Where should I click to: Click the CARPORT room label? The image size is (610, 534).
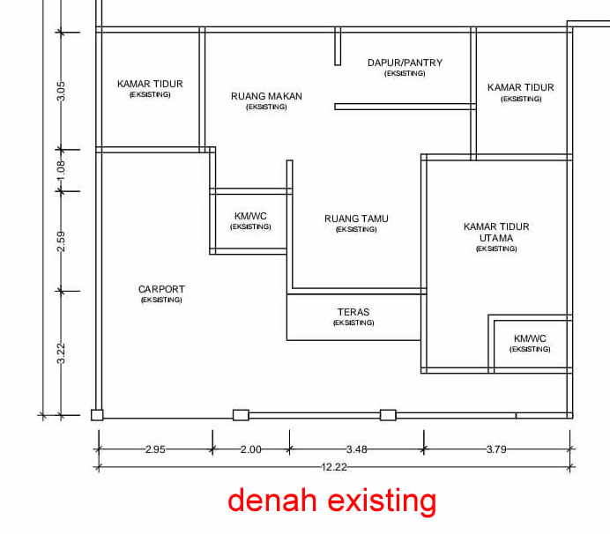coord(161,289)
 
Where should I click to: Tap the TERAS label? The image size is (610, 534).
coord(353,312)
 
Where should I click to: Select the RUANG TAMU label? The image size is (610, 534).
coord(356,219)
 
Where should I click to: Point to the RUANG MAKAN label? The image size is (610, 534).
coord(266,96)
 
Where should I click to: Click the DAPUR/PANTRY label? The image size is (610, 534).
coord(405,63)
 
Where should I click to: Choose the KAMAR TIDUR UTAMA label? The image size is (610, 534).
coord(496,232)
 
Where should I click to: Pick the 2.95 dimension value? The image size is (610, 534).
coord(154,449)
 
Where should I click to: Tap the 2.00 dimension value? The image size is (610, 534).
coord(250,449)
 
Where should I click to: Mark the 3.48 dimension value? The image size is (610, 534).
coord(355,449)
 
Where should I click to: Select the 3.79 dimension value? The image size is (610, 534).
coord(496,449)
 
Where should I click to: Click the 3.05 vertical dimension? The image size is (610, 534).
coord(61,91)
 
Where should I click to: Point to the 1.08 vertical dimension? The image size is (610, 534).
coord(61,170)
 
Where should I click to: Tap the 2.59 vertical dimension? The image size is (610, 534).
coord(61,241)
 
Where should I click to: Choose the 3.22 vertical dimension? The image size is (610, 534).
coord(61,352)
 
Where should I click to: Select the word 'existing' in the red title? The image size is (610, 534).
coord(381,501)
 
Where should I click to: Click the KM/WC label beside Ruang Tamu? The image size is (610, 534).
coord(250,216)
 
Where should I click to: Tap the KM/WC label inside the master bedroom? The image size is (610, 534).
coord(530,338)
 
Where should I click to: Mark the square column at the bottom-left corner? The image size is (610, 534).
coord(97,414)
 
